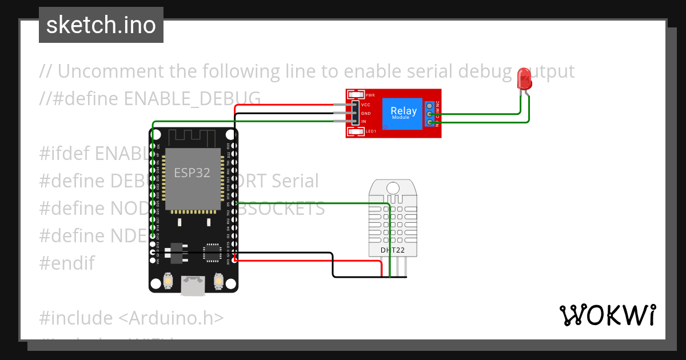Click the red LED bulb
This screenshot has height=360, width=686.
pyautogui.click(x=524, y=78)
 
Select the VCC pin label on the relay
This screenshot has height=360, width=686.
pyautogui.click(x=366, y=105)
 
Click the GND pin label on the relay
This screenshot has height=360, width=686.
pyautogui.click(x=366, y=113)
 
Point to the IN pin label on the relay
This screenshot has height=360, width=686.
pyautogui.click(x=364, y=121)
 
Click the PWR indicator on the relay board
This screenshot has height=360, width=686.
pyautogui.click(x=369, y=95)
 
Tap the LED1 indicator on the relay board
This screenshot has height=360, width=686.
pyautogui.click(x=370, y=132)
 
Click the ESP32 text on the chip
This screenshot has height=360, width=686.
pyautogui.click(x=192, y=173)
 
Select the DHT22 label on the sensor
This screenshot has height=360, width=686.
pyautogui.click(x=392, y=250)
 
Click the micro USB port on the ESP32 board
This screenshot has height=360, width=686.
pyautogui.click(x=193, y=285)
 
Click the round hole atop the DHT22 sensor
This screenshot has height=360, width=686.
pyautogui.click(x=393, y=188)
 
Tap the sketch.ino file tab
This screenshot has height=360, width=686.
pyautogui.click(x=101, y=25)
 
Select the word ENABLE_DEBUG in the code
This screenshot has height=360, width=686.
pyautogui.click(x=192, y=99)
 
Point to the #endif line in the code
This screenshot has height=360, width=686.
pyautogui.click(x=67, y=263)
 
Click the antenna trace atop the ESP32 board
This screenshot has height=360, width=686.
pyautogui.click(x=193, y=137)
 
